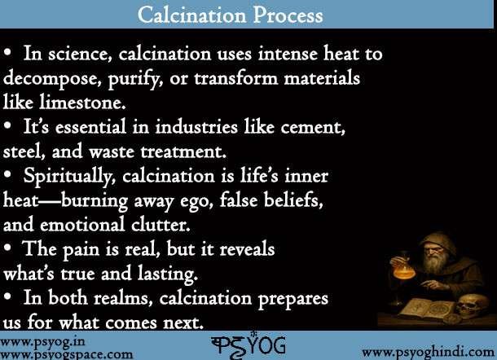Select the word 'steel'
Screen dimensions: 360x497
24,152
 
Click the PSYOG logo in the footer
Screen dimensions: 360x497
247,344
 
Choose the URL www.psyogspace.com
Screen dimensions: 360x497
67,354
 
